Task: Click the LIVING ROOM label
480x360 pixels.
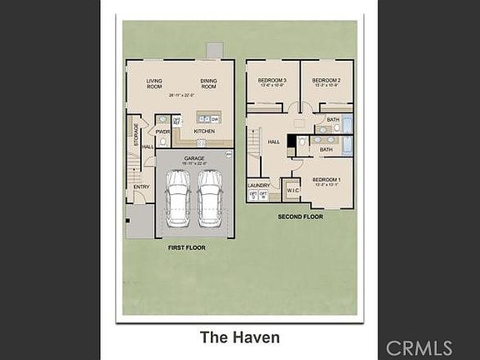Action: [x=154, y=84]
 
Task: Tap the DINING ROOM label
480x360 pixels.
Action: [x=208, y=84]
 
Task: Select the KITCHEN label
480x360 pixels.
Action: [x=204, y=132]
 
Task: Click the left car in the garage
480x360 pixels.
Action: [x=177, y=198]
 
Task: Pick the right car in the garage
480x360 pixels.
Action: [x=210, y=198]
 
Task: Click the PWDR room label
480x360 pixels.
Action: [x=162, y=132]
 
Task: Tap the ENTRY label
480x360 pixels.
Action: [x=142, y=187]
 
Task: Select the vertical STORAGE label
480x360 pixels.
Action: [x=136, y=134]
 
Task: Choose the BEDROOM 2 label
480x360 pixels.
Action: [x=326, y=81]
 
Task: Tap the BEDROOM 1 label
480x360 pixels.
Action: [x=326, y=180]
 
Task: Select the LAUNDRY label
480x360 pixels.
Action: [x=258, y=185]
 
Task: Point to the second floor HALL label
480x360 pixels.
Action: [x=272, y=142]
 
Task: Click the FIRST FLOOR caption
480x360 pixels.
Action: [x=186, y=247]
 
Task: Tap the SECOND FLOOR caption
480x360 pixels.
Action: [x=301, y=217]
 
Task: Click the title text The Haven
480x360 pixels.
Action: [x=239, y=337]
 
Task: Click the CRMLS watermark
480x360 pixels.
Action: [x=419, y=347]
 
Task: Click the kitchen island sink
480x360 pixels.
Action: [x=204, y=119]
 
